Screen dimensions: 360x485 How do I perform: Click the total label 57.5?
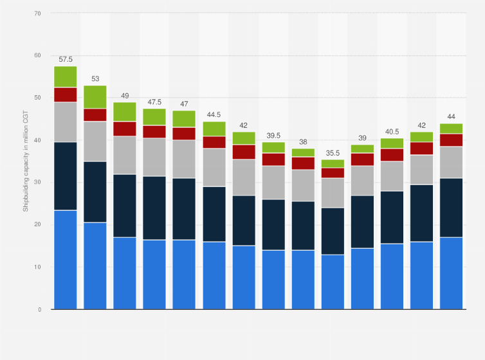click(66, 59)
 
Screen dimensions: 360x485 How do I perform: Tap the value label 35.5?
click(333, 152)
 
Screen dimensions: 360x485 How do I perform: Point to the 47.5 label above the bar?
click(154, 102)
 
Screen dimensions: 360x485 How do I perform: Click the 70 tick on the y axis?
click(38, 14)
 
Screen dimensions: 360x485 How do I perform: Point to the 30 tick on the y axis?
click(38, 183)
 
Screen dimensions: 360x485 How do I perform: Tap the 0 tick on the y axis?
click(40, 309)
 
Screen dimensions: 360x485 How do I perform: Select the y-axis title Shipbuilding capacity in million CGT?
click(26, 161)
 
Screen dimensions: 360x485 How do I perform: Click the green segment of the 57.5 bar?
click(66, 76)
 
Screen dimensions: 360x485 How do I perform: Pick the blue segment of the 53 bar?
click(95, 265)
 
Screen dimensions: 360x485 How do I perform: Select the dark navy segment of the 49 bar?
click(125, 206)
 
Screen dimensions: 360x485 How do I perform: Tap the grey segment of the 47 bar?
click(184, 159)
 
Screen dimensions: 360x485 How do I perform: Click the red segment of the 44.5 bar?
click(214, 142)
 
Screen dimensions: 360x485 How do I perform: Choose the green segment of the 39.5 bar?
click(273, 147)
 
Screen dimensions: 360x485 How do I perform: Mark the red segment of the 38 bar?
click(302, 163)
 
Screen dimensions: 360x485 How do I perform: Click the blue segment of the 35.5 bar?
click(333, 282)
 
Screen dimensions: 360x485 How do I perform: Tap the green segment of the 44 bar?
click(451, 128)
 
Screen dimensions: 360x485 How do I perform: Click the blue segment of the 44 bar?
click(451, 273)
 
